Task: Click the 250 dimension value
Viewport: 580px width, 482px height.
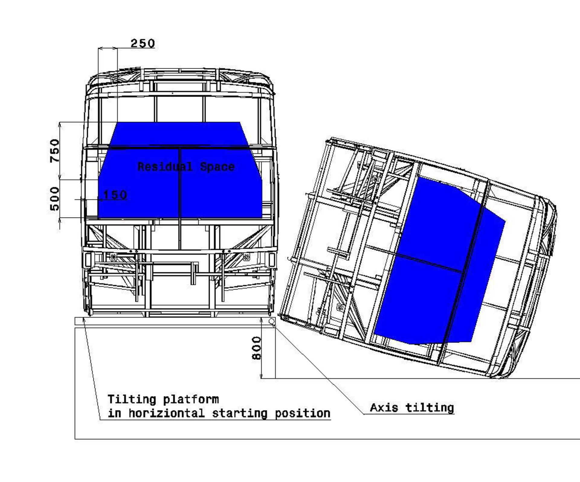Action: point(143,43)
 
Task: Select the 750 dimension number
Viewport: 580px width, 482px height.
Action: point(55,150)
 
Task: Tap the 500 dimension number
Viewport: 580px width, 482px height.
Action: point(55,199)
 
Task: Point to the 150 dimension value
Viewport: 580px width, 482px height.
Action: point(115,195)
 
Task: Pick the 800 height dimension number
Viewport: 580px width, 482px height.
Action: point(256,348)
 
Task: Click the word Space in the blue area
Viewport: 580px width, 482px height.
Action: point(217,167)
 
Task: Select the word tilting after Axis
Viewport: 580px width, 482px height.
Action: point(430,408)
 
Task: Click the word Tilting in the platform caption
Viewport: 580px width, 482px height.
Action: point(132,400)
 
